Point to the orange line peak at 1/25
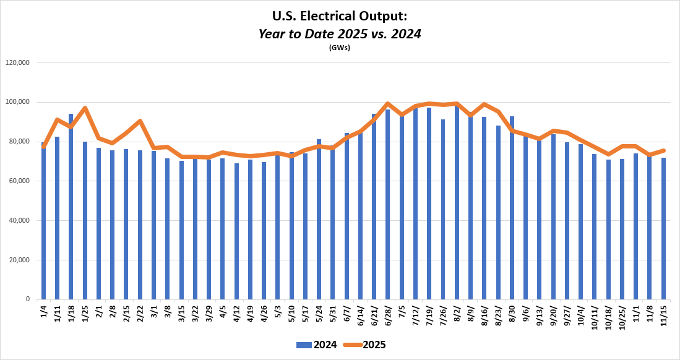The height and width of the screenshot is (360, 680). click(85, 108)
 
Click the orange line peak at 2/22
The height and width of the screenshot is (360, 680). click(140, 121)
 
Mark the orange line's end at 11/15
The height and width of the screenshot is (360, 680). click(663, 150)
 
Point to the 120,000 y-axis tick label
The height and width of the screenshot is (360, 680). click(18, 62)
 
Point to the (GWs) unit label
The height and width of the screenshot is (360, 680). click(340, 48)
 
